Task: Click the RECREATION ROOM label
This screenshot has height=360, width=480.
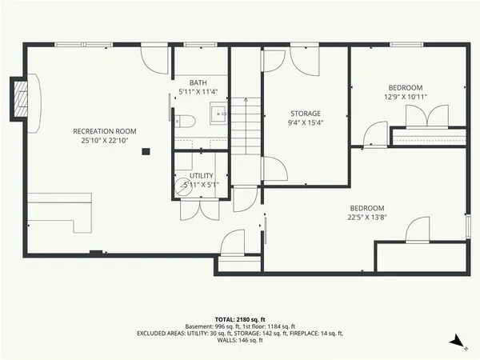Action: [x=104, y=131]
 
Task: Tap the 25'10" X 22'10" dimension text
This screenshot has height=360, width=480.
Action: [x=104, y=141]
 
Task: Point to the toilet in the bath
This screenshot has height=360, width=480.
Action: [x=185, y=122]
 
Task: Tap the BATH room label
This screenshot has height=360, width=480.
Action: [x=198, y=82]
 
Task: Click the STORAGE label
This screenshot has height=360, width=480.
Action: [x=305, y=114]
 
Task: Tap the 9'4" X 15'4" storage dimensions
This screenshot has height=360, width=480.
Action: [x=305, y=123]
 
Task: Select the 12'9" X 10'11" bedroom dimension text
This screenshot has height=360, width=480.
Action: [x=406, y=97]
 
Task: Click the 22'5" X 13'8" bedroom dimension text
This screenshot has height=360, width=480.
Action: [x=366, y=217]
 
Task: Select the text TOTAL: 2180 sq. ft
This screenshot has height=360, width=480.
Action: [x=239, y=318]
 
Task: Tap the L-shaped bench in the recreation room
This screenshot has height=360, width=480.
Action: [x=60, y=211]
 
